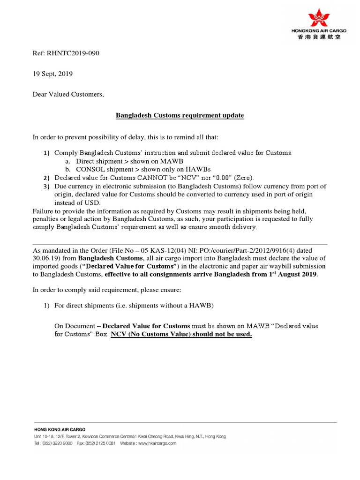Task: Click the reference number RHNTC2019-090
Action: (x=73, y=53)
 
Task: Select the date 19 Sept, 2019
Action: (x=52, y=74)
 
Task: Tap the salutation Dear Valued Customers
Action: (x=68, y=94)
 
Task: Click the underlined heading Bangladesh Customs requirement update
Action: (x=180, y=115)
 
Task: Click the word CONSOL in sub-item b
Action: (x=89, y=169)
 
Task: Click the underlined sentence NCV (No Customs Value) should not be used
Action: (x=181, y=334)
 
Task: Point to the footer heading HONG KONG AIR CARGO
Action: (x=60, y=429)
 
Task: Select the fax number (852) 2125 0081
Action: (x=103, y=443)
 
